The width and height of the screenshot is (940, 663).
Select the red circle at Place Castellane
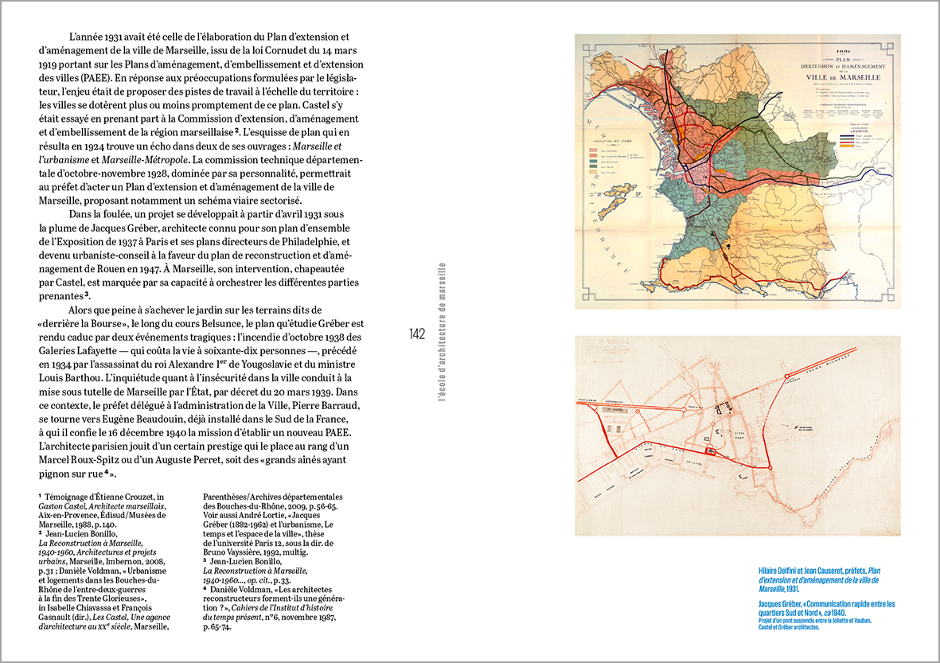tap(770, 467)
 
